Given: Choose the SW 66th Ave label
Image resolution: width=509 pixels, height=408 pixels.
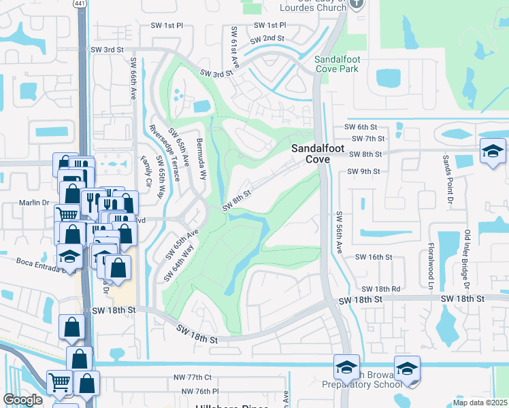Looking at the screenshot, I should tap(133, 80).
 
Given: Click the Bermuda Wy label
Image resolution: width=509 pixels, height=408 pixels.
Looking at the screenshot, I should tap(203, 154).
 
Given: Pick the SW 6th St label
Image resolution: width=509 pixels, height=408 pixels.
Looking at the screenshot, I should tap(361, 127).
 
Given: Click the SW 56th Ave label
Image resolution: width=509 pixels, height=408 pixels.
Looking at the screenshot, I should tap(339, 233).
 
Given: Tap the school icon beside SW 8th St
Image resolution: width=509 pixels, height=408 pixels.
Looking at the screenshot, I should tap(493, 151).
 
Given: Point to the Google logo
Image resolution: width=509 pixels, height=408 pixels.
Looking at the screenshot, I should tap(22, 400).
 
